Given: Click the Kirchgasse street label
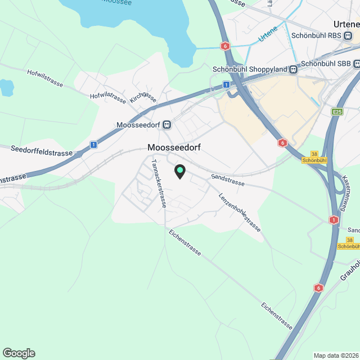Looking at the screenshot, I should click(142, 96).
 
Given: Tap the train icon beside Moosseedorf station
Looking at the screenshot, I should click(168, 125).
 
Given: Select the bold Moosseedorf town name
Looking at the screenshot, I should click(174, 147).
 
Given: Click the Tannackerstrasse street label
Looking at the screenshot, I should click(159, 183).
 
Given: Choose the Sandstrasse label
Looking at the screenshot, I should click(228, 179).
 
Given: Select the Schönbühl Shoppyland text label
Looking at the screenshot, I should click(250, 69).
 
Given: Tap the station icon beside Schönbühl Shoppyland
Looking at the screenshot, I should click(293, 69).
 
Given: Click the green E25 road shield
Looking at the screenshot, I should click(337, 112).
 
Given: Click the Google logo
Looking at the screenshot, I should click(19, 353).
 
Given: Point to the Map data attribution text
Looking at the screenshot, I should click(335, 355).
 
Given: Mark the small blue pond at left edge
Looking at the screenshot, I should click(6, 87).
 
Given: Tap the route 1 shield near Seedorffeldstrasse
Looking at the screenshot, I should click(93, 145).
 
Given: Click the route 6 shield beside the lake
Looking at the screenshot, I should click(225, 46).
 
